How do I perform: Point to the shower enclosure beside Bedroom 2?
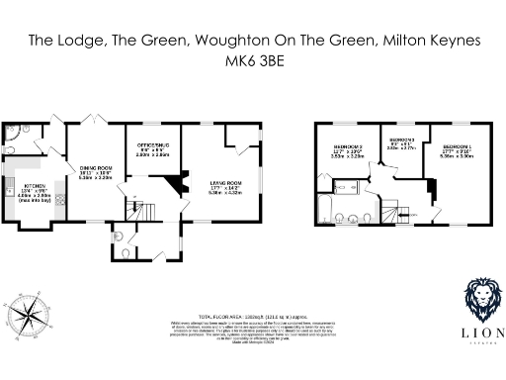pos(347,183)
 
